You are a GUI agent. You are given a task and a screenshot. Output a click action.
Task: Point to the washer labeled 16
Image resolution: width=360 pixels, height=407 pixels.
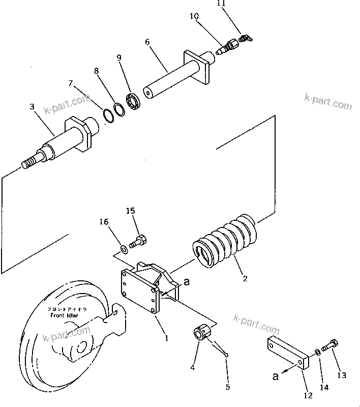tap(123, 249)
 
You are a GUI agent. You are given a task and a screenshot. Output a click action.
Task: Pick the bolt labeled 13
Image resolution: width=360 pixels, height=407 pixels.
tap(329, 350)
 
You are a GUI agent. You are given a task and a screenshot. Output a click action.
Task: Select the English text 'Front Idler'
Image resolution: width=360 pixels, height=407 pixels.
tap(65, 316)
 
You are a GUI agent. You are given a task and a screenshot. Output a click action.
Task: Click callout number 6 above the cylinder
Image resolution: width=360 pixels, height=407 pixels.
tap(147, 42)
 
